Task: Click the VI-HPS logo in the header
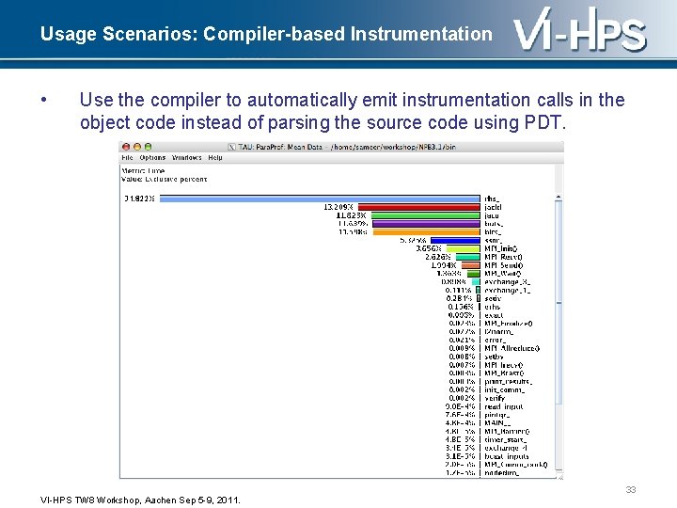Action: (x=580, y=34)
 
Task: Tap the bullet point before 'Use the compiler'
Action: (x=43, y=100)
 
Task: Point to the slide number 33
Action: (x=630, y=489)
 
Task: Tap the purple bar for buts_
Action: (x=428, y=223)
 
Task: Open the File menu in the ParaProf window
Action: (x=129, y=158)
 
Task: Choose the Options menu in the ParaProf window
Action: (x=152, y=158)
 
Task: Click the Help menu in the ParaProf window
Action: (x=215, y=158)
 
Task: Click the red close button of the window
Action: (x=125, y=147)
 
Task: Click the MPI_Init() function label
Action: (x=501, y=248)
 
